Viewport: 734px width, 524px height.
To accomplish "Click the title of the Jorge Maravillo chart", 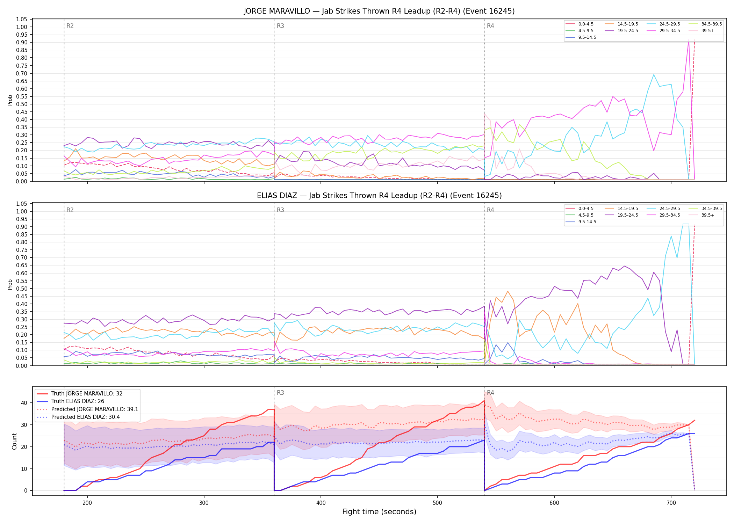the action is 379,11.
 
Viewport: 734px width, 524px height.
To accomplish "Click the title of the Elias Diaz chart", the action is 379,196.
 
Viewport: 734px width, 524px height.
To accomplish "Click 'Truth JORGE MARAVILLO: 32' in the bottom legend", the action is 87,394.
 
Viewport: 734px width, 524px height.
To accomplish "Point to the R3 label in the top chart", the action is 280,26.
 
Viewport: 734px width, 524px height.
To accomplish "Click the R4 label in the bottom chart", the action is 490,393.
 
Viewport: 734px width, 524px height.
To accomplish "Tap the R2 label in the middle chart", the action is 70,210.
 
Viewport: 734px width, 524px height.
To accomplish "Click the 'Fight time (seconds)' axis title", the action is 379,512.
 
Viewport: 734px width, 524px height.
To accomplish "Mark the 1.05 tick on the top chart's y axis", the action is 22,19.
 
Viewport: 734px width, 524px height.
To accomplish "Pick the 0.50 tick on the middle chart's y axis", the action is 22,289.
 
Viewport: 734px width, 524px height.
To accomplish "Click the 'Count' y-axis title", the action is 15,441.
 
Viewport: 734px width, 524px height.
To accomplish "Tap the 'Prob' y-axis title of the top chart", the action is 10,100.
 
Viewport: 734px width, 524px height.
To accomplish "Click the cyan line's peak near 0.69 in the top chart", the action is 654,74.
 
